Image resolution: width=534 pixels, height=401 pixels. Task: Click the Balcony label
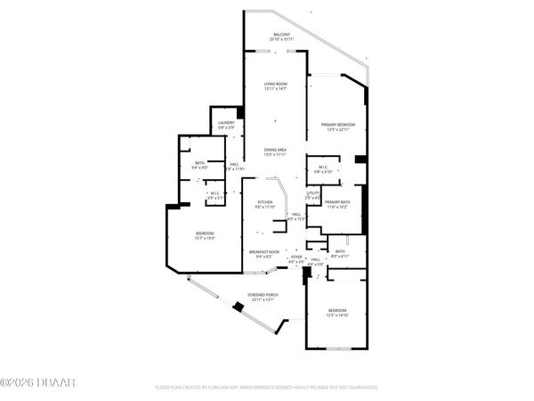point(280,36)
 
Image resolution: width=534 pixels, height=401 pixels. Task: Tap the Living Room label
point(275,84)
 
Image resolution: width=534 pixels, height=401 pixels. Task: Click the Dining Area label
point(275,150)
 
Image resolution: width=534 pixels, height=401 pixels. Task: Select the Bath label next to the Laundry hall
point(198,163)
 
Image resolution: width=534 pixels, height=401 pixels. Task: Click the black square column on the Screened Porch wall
point(238,307)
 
